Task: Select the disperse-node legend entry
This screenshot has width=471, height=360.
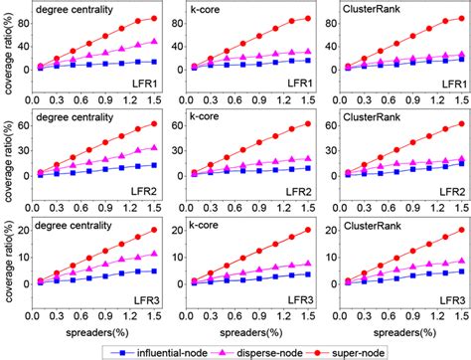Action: point(270,350)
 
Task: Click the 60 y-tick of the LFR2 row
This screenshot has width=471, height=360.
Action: point(23,124)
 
